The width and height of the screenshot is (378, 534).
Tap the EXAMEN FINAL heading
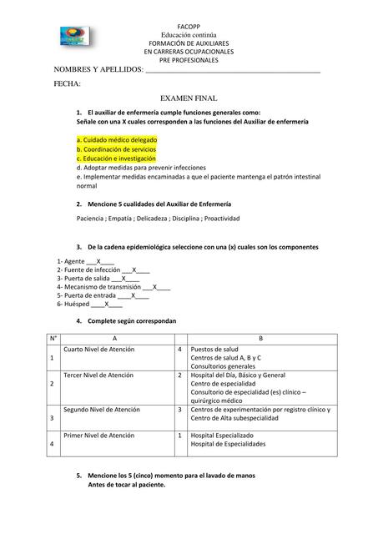coord(189,98)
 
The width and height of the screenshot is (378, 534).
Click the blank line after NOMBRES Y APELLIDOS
coord(233,71)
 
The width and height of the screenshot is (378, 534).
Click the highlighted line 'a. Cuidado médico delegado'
coord(116,139)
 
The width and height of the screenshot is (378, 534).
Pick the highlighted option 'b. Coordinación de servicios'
coord(116,149)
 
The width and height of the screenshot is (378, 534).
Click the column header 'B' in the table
coord(260,337)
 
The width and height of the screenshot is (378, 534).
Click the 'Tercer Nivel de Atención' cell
coord(98,375)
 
